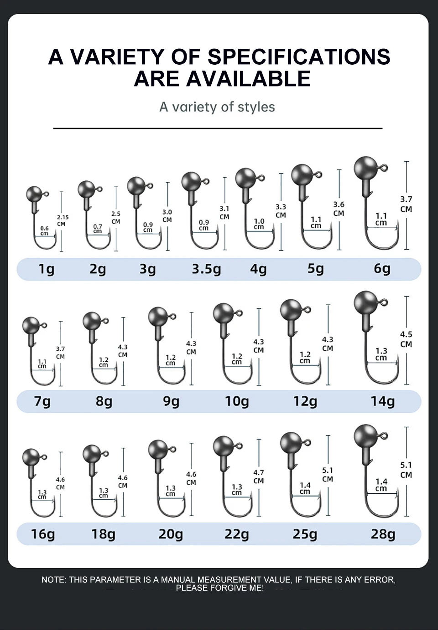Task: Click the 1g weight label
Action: point(46,269)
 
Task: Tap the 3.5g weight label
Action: point(207,269)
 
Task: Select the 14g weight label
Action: point(382,401)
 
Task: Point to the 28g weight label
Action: point(383,534)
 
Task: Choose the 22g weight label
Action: point(237,534)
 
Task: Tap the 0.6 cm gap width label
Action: point(45,230)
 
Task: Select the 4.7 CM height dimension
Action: point(258,477)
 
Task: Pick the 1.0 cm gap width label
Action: point(259,224)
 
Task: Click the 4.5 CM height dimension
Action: point(406,339)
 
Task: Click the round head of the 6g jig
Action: point(365,168)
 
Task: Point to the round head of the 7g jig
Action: point(31,325)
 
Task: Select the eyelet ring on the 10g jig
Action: point(239,313)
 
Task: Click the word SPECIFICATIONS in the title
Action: point(299,57)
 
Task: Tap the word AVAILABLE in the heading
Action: point(249,78)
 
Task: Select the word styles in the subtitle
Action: point(256,107)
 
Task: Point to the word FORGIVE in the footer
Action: point(224,588)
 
